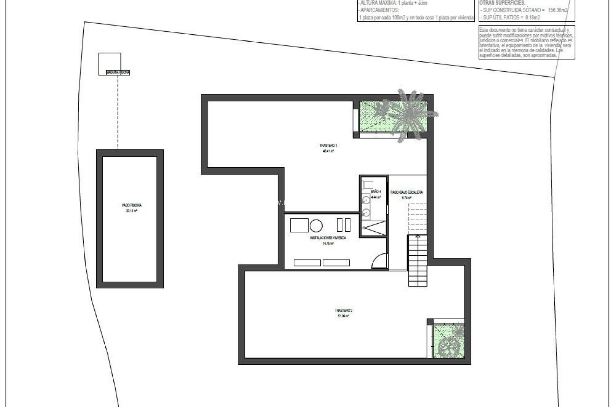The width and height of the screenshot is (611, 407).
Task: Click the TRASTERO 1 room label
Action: tap(328, 146)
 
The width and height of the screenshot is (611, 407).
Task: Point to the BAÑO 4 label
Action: tap(376, 192)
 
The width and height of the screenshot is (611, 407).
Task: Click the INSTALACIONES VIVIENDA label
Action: tap(328, 238)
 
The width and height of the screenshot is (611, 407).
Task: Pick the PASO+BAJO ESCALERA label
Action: tap(407, 192)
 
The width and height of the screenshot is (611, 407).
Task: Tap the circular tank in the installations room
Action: tap(316, 225)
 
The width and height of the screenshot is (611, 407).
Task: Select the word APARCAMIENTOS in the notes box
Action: tap(379, 10)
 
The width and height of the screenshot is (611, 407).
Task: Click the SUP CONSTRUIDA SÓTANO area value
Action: tap(558, 10)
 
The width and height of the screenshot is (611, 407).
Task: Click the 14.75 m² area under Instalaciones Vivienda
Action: tap(328, 244)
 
